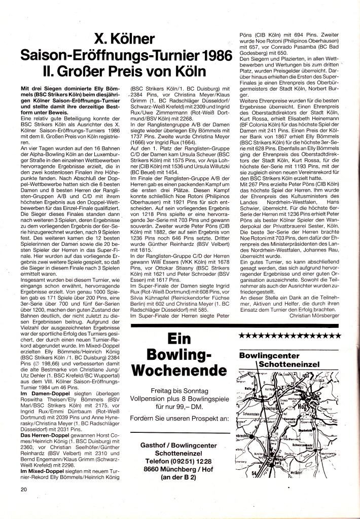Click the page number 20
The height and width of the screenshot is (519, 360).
coord(23,490)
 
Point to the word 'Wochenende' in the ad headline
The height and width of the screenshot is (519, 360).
coord(179,368)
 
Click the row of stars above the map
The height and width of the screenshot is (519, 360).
coord(290,336)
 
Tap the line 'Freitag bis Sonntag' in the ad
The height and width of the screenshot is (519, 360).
coord(179,391)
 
